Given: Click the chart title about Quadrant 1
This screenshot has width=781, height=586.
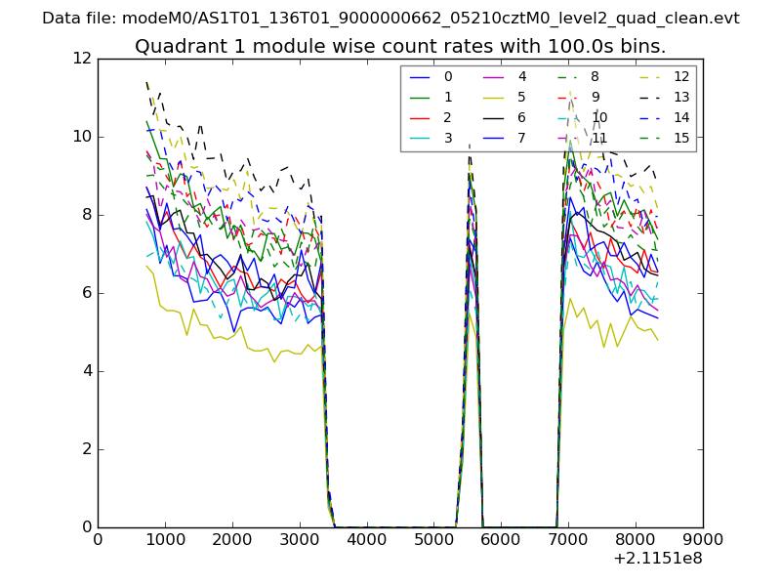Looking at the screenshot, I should pos(400,47).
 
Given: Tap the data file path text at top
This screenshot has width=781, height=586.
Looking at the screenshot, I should pos(390,19).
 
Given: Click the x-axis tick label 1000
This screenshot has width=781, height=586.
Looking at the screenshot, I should pos(165,538).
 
